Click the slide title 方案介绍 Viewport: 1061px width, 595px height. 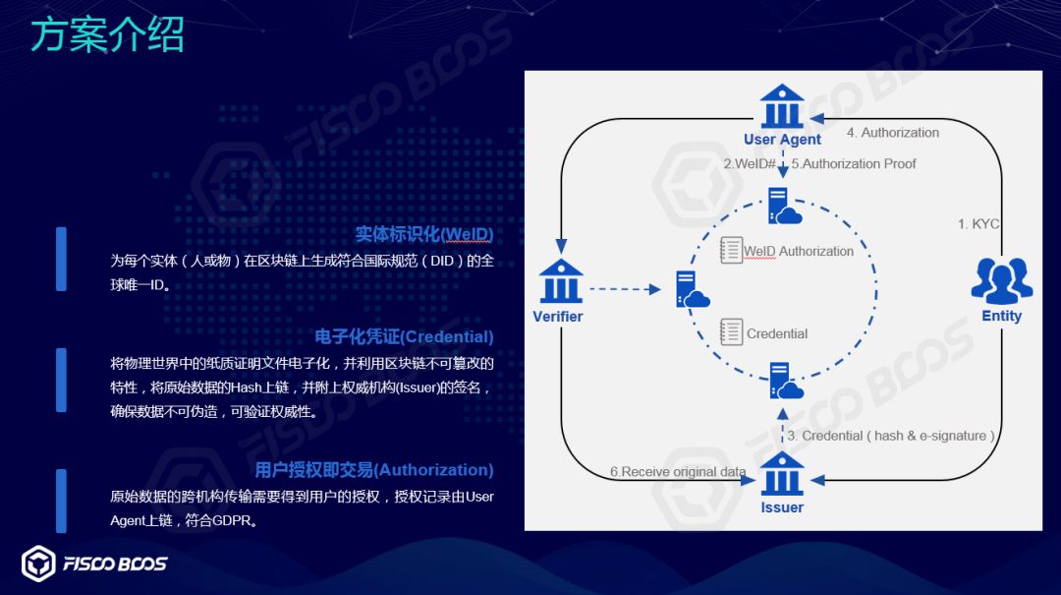(107, 36)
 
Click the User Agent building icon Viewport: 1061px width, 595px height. (782, 105)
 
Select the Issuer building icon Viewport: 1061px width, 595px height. (782, 474)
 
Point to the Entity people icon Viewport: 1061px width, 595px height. (1001, 280)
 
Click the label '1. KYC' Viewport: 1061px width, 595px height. (978, 224)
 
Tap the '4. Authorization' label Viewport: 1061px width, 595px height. (892, 133)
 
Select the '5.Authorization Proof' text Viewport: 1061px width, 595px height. (854, 164)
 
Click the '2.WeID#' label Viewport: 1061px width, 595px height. (750, 164)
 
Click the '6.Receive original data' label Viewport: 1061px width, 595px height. (678, 472)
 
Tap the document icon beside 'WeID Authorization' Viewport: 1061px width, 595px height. (731, 250)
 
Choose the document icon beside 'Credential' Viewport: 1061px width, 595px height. (731, 331)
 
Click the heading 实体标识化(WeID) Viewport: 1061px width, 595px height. (424, 234)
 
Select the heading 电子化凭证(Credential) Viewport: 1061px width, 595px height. (404, 336)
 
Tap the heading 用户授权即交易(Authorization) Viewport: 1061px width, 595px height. (374, 470)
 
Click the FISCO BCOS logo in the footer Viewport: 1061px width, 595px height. (94, 564)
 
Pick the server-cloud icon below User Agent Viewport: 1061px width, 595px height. (784, 207)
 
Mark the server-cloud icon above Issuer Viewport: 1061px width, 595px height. (784, 381)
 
